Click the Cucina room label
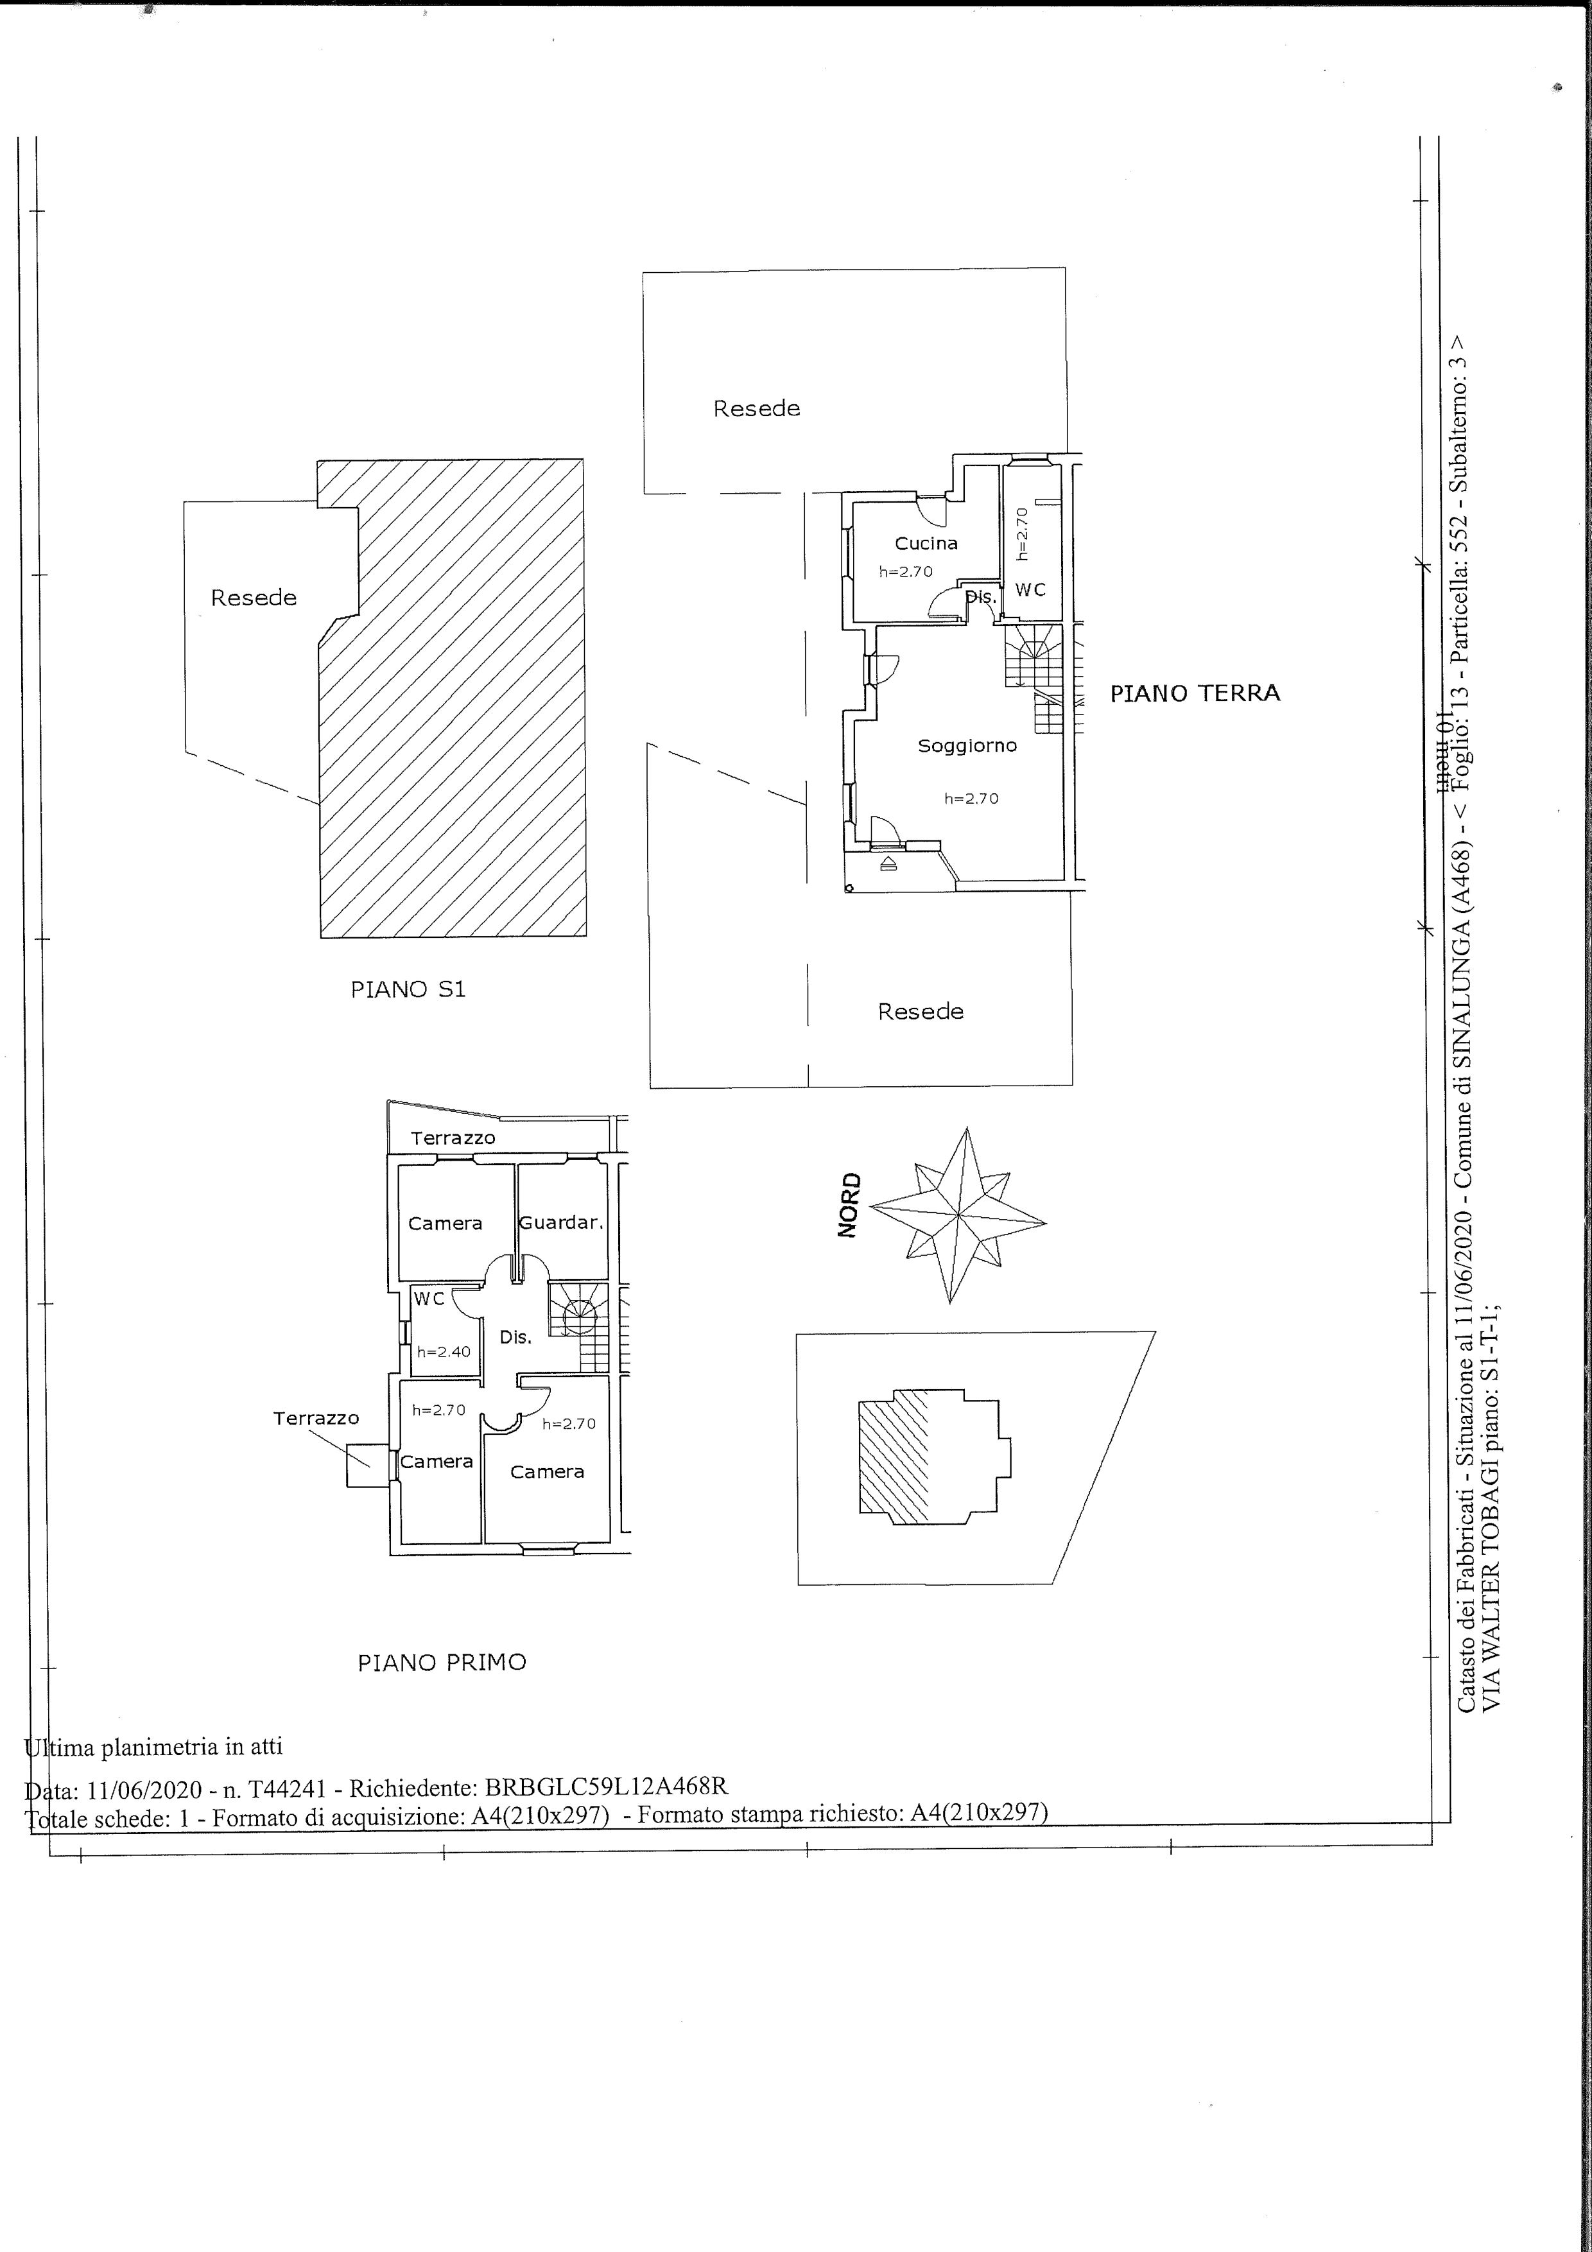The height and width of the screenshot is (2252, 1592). click(926, 543)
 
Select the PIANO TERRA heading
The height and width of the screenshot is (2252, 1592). click(1195, 693)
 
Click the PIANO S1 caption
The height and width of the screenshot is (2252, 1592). click(408, 990)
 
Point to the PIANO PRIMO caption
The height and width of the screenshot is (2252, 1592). click(442, 1663)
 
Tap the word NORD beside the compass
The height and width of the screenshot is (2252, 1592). click(849, 1206)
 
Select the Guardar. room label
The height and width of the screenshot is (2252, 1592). click(560, 1223)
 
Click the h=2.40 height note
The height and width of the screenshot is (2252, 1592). click(444, 1351)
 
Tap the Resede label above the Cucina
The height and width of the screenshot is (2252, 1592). click(756, 409)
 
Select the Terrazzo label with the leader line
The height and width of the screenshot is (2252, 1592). click(316, 1418)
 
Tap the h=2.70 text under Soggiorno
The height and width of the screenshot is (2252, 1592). click(971, 799)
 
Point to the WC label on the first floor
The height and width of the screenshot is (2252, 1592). click(429, 1299)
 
